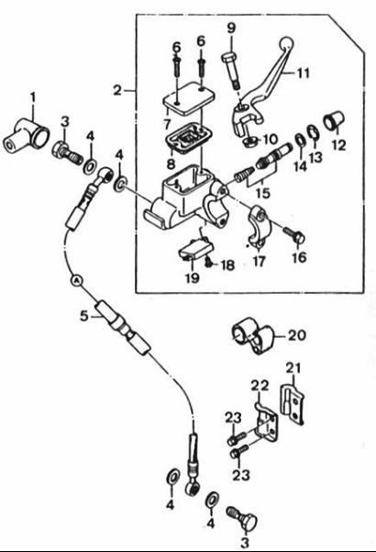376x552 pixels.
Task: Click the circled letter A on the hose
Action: pos(76,280)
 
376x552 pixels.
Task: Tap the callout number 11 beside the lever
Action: pos(303,73)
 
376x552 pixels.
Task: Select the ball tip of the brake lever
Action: pos(287,43)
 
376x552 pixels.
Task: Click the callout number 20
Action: pos(296,335)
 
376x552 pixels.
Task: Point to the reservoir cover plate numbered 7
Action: pos(188,98)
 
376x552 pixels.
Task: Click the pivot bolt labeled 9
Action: pos(230,72)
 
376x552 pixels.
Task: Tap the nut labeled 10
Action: pos(249,141)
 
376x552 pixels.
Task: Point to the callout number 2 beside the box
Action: pos(117,91)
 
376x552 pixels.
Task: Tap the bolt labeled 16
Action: pos(294,235)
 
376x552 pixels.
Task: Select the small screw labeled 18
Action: pos(207,261)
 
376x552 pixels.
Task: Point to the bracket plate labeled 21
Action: pos(293,404)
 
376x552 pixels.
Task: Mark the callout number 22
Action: pos(260,386)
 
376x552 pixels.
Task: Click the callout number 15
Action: pos(263,193)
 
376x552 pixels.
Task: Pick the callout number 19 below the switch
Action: pos(193,277)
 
